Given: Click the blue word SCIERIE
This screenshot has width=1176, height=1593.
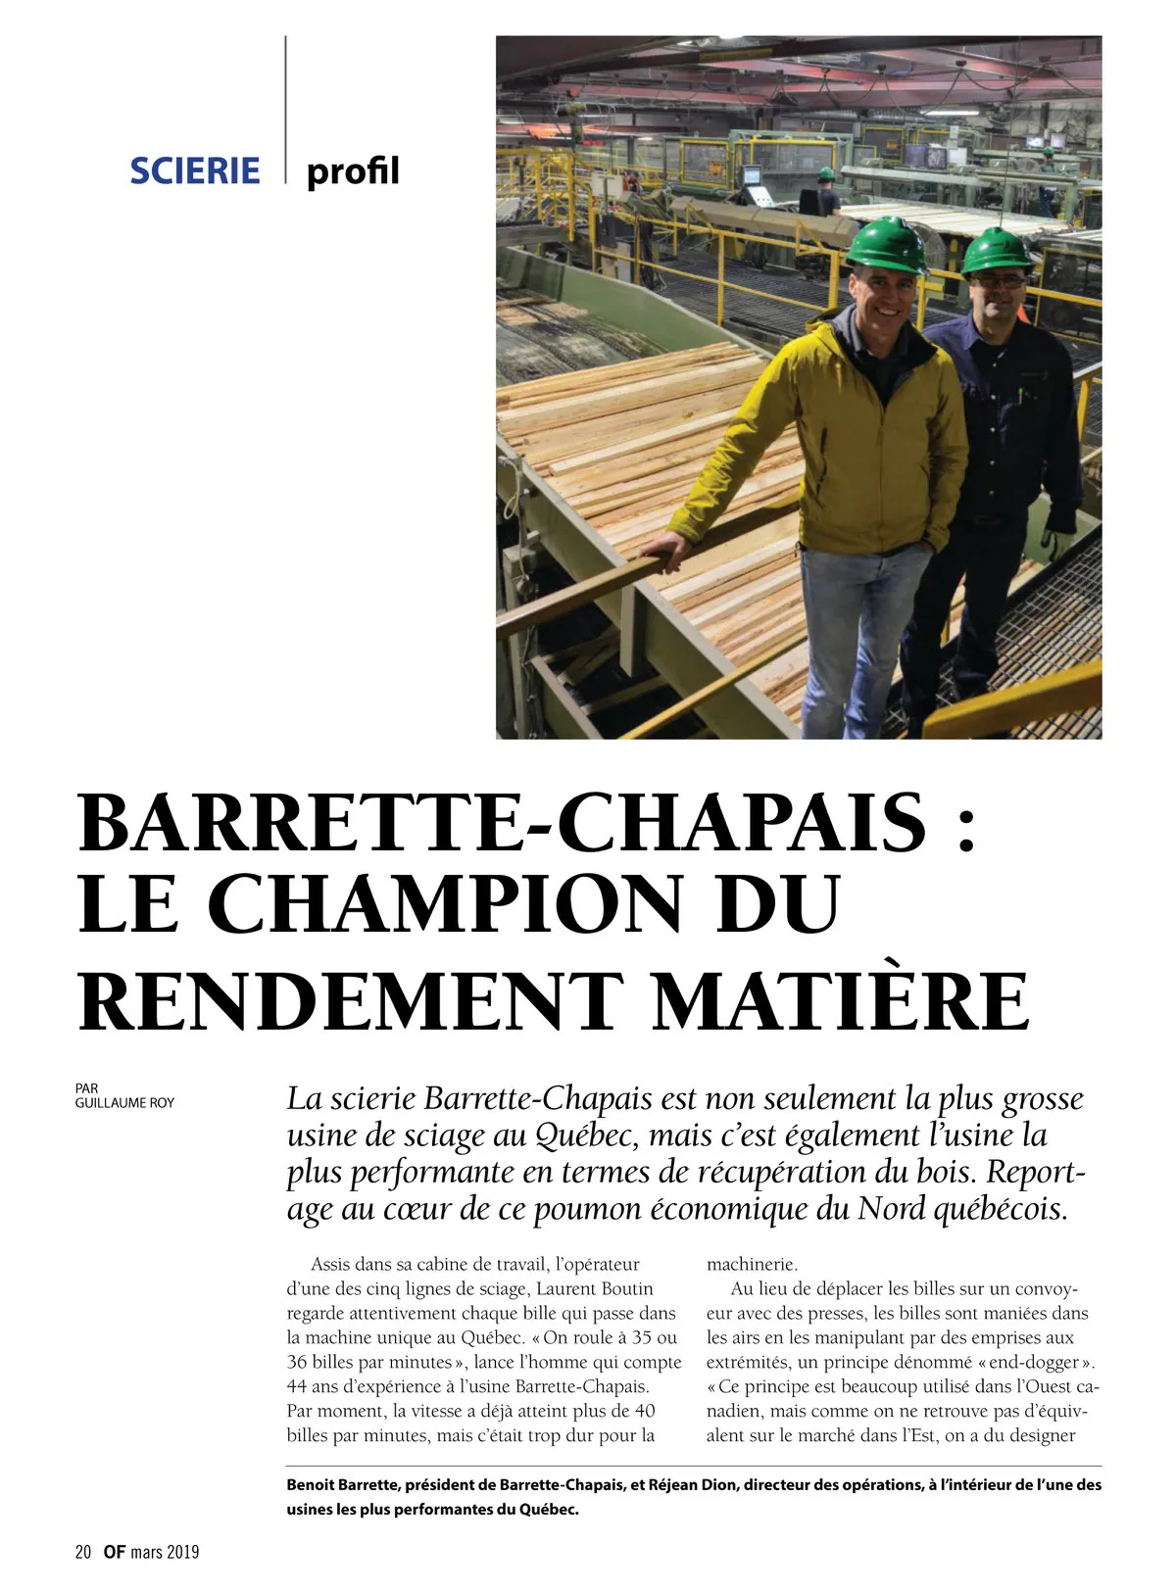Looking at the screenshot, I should tap(195, 171).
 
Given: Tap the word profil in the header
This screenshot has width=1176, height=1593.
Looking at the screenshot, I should tap(353, 171).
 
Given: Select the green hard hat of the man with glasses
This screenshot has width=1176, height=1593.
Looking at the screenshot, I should tap(997, 251).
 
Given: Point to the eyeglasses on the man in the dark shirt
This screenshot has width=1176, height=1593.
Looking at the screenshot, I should tap(1000, 281).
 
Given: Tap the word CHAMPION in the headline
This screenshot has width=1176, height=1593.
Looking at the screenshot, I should tap(445, 904).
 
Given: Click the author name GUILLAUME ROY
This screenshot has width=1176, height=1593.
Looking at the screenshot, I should tap(124, 1102).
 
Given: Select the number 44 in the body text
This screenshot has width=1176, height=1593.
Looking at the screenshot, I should tap(297, 1386).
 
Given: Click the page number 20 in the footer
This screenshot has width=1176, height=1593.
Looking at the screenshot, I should tap(83, 1552).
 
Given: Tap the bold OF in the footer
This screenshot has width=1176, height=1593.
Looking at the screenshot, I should tap(115, 1552).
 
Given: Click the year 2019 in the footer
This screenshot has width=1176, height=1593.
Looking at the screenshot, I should tap(183, 1552).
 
